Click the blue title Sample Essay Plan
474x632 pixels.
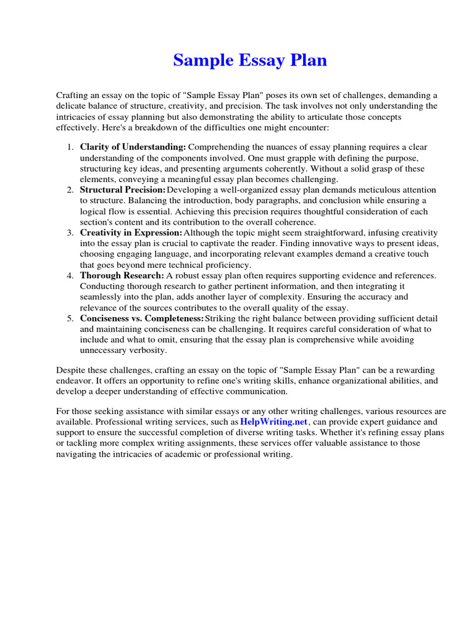tap(249, 60)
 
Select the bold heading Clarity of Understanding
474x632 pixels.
tap(133, 147)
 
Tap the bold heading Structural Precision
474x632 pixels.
tap(122, 190)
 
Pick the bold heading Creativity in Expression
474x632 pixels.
tap(131, 233)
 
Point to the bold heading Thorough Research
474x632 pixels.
tap(121, 275)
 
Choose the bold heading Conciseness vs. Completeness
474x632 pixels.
tap(141, 318)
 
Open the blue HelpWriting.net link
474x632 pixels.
tap(273, 422)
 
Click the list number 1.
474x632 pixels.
tap(70, 147)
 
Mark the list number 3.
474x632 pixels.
tap(70, 233)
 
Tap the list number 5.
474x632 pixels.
tap(70, 318)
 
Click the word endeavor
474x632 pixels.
tap(74, 381)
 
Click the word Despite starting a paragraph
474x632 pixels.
tap(72, 370)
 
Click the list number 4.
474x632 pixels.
tap(70, 275)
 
